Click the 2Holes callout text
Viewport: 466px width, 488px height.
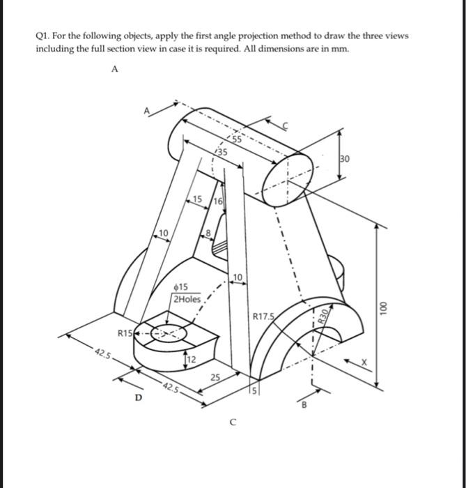[x=186, y=300]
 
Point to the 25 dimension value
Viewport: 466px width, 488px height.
[x=215, y=378]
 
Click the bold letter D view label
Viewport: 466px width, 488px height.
[x=138, y=397]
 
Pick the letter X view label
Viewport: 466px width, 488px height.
[x=362, y=363]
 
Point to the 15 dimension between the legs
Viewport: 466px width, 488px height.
[x=198, y=200]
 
